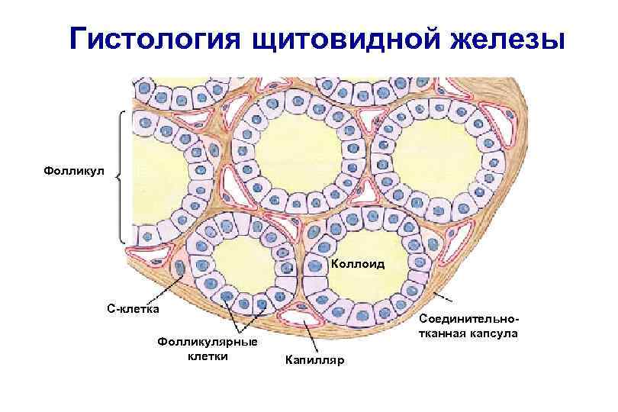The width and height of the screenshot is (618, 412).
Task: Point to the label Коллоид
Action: click(358, 264)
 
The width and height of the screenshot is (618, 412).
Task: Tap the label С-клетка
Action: click(133, 309)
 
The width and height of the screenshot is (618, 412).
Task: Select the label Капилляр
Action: click(314, 359)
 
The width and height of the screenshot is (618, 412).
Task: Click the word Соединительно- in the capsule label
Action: click(469, 320)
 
